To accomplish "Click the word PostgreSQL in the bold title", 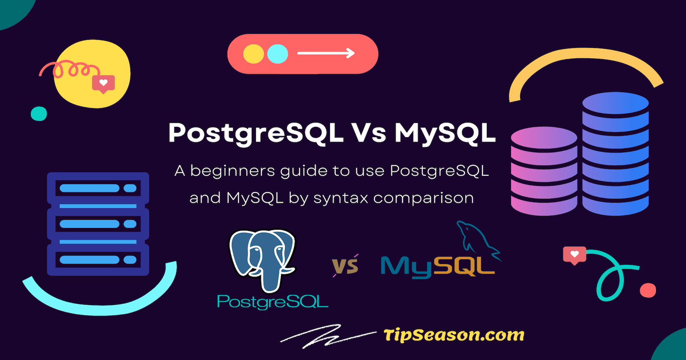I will click(x=256, y=133).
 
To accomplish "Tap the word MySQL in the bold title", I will click(x=445, y=133).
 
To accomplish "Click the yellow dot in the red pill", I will click(x=253, y=54).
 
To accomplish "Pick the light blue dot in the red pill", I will click(x=277, y=54).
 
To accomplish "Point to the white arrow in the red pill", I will click(x=326, y=54).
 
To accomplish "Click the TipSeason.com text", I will click(x=454, y=335).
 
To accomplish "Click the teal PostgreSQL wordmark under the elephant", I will click(x=273, y=302).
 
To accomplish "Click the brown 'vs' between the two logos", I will click(x=346, y=266).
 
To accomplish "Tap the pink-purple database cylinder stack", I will click(x=544, y=171).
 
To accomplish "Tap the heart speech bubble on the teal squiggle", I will click(x=575, y=255).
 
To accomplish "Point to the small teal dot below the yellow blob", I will click(x=39, y=114).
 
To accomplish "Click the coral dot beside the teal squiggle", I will click(x=648, y=290).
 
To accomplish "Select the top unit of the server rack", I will click(x=98, y=188).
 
